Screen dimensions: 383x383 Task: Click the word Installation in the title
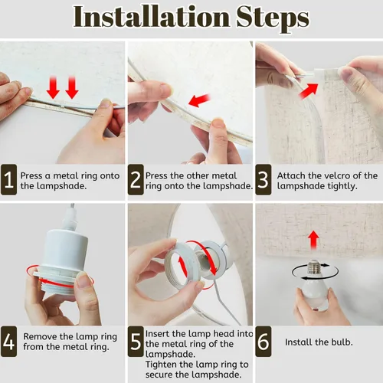point(152,17)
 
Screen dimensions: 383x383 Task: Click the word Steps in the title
point(273,18)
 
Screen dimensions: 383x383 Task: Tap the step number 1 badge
point(8,180)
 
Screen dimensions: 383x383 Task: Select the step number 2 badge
point(136,180)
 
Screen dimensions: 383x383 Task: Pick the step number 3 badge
point(264,180)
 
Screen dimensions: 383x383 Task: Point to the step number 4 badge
point(8,342)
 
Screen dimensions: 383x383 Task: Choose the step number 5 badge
point(136,342)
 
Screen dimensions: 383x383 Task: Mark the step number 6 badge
point(264,342)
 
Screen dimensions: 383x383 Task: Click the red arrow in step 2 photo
point(199,100)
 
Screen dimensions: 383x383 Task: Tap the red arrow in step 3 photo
point(309,90)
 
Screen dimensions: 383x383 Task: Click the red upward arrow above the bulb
point(313,240)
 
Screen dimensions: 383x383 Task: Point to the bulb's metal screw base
point(315,267)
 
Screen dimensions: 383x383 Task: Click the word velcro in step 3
point(336,175)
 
